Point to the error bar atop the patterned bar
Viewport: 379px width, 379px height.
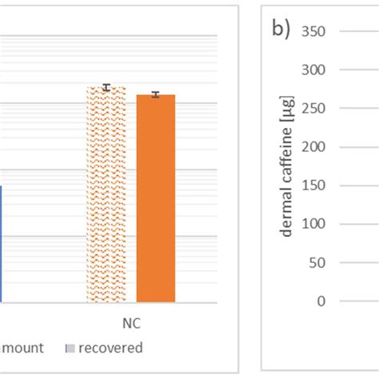coord(106,87)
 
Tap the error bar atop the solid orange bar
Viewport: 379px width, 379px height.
coord(156,94)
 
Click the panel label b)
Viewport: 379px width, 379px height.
coord(280,33)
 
